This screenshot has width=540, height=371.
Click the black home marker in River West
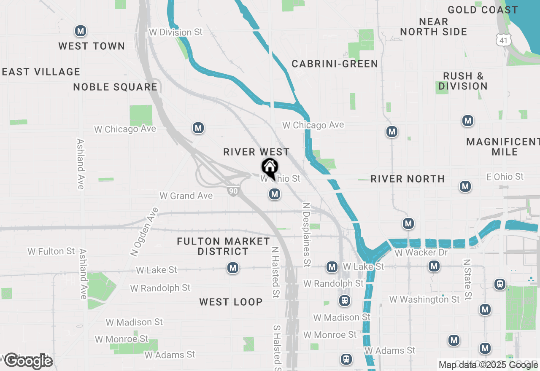270,168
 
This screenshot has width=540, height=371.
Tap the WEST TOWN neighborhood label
92,46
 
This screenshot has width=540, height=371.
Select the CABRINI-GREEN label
335,64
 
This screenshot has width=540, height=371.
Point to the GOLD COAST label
483,10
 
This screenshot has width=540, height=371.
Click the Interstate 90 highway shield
233,191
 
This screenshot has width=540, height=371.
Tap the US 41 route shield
504,40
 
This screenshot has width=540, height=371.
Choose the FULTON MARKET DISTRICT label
223,246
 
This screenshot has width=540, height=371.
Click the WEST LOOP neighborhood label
231,302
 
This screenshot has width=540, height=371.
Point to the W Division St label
176,32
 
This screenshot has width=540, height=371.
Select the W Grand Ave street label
186,196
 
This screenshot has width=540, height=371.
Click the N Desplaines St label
307,234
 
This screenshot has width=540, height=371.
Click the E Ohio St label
505,177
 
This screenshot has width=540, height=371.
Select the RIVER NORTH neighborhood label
408,179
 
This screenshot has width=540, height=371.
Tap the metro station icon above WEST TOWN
81,31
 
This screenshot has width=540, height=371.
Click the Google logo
28,361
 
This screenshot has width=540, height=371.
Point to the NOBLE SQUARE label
115,87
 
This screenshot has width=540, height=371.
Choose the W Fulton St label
51,251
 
